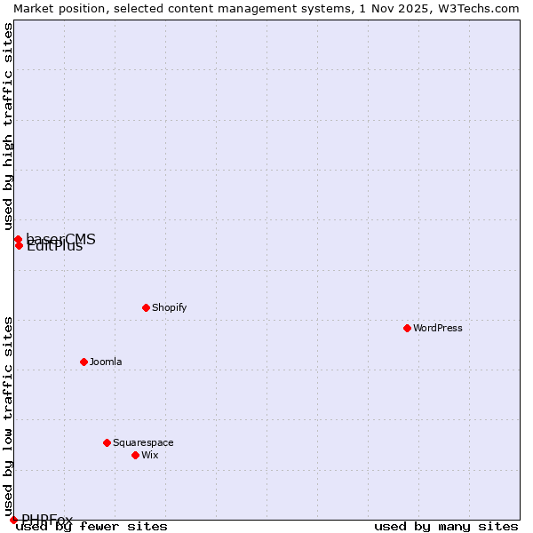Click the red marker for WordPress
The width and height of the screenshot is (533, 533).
[x=407, y=328]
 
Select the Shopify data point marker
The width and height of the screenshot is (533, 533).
[x=146, y=307]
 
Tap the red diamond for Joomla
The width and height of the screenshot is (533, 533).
[x=84, y=362]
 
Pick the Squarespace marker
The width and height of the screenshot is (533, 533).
[x=107, y=442]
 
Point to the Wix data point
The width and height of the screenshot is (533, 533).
[x=135, y=455]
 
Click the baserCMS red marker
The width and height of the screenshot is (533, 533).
[x=18, y=239]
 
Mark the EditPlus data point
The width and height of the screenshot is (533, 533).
[x=19, y=246]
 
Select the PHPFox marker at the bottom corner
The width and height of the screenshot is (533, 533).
[x=13, y=520]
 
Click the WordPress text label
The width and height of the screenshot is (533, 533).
[x=438, y=328]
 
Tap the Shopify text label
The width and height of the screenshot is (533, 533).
[x=169, y=307]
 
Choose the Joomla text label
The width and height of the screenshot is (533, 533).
[x=106, y=362]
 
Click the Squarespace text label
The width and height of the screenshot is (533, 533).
[x=143, y=442]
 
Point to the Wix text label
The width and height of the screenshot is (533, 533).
[x=149, y=455]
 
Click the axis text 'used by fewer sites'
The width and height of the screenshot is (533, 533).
[x=91, y=527]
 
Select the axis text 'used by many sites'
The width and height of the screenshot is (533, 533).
[x=446, y=527]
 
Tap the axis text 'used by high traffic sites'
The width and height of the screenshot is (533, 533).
[x=8, y=127]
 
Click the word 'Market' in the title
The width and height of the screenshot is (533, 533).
[x=32, y=8]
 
